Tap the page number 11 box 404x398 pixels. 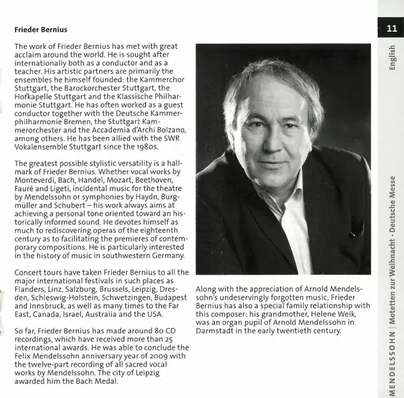coord(391,29)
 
